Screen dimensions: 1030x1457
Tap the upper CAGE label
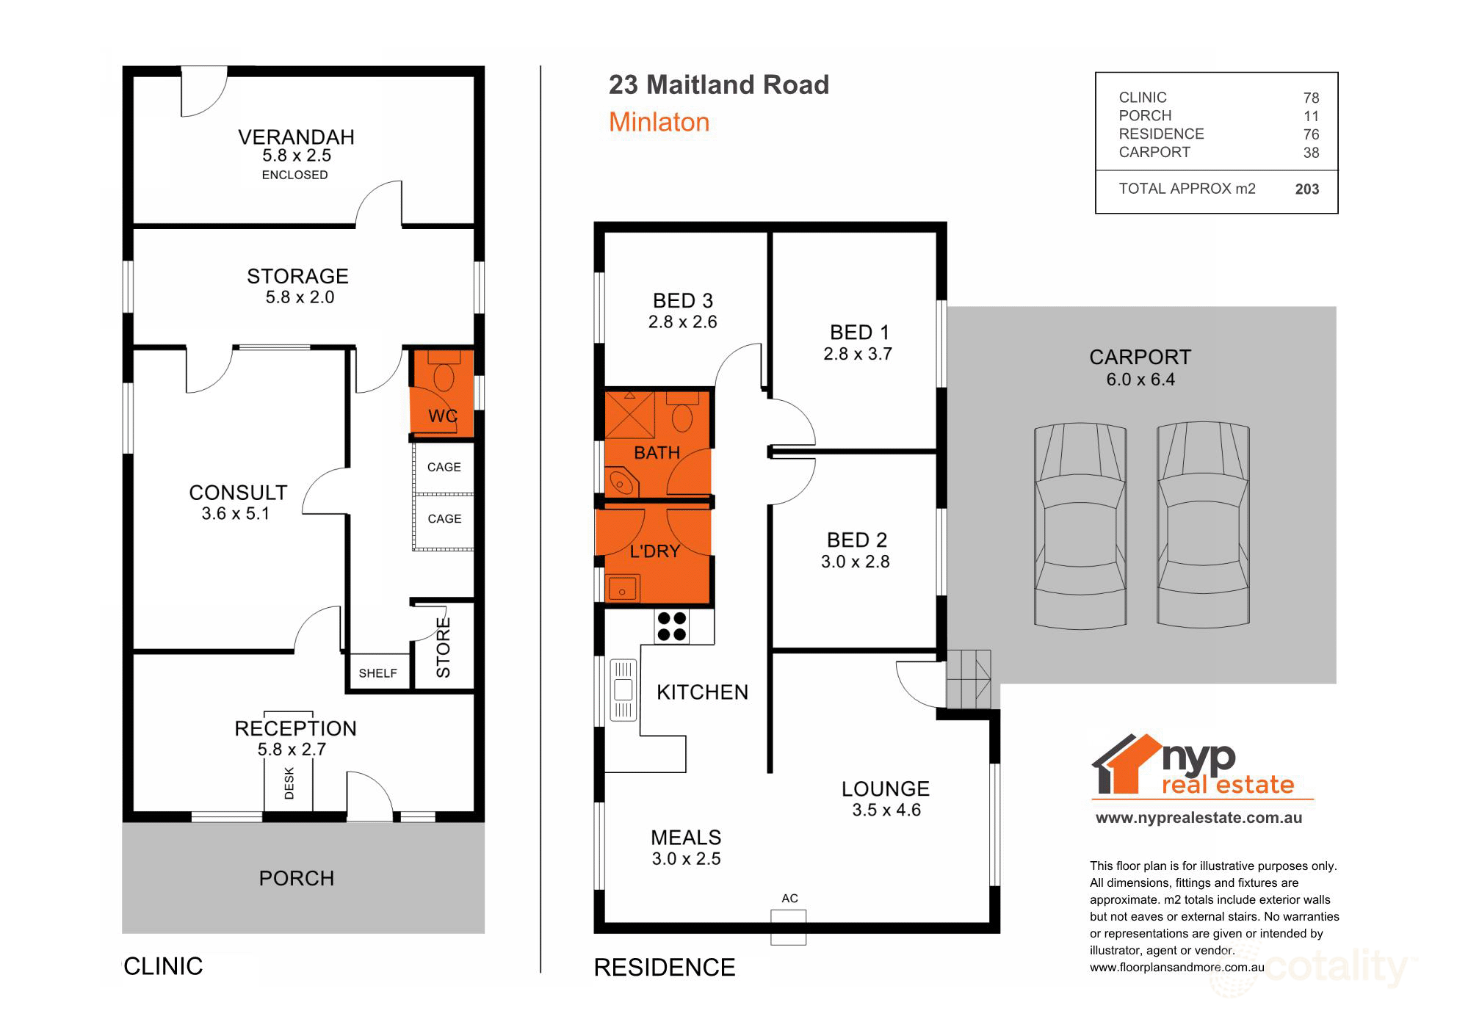tap(444, 467)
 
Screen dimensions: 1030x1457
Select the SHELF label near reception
tap(377, 673)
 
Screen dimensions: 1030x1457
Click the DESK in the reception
tap(289, 783)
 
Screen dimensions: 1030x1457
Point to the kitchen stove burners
tap(671, 626)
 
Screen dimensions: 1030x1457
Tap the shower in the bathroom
tap(629, 415)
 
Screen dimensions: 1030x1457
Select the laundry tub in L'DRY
tap(623, 589)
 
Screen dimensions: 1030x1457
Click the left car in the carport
tap(1080, 524)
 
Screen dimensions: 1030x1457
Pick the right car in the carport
tap(1203, 524)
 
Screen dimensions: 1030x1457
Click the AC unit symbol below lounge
tap(788, 926)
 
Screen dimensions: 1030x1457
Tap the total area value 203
tap(1306, 189)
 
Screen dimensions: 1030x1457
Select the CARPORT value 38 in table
tap(1311, 153)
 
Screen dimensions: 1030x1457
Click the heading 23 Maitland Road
tap(718, 85)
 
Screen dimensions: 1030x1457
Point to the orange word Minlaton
tap(659, 122)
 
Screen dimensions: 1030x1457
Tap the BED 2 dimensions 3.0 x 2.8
tap(855, 562)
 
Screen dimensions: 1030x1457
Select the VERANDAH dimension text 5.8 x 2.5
tap(297, 156)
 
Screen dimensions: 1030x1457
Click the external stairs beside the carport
tap(968, 679)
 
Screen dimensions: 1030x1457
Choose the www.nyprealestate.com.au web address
tap(1198, 818)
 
